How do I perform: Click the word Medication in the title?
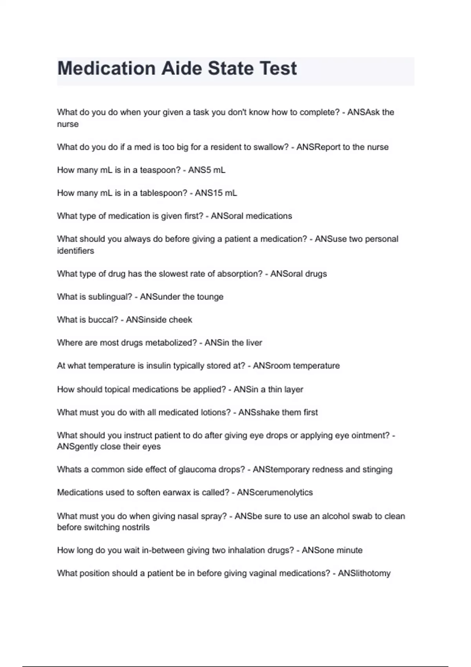[x=106, y=68]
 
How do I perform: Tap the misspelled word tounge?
[x=211, y=297]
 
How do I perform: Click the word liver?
[x=254, y=343]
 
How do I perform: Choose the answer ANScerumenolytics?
[x=275, y=492]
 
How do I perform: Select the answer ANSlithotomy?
[x=364, y=573]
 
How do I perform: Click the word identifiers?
[x=75, y=251]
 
